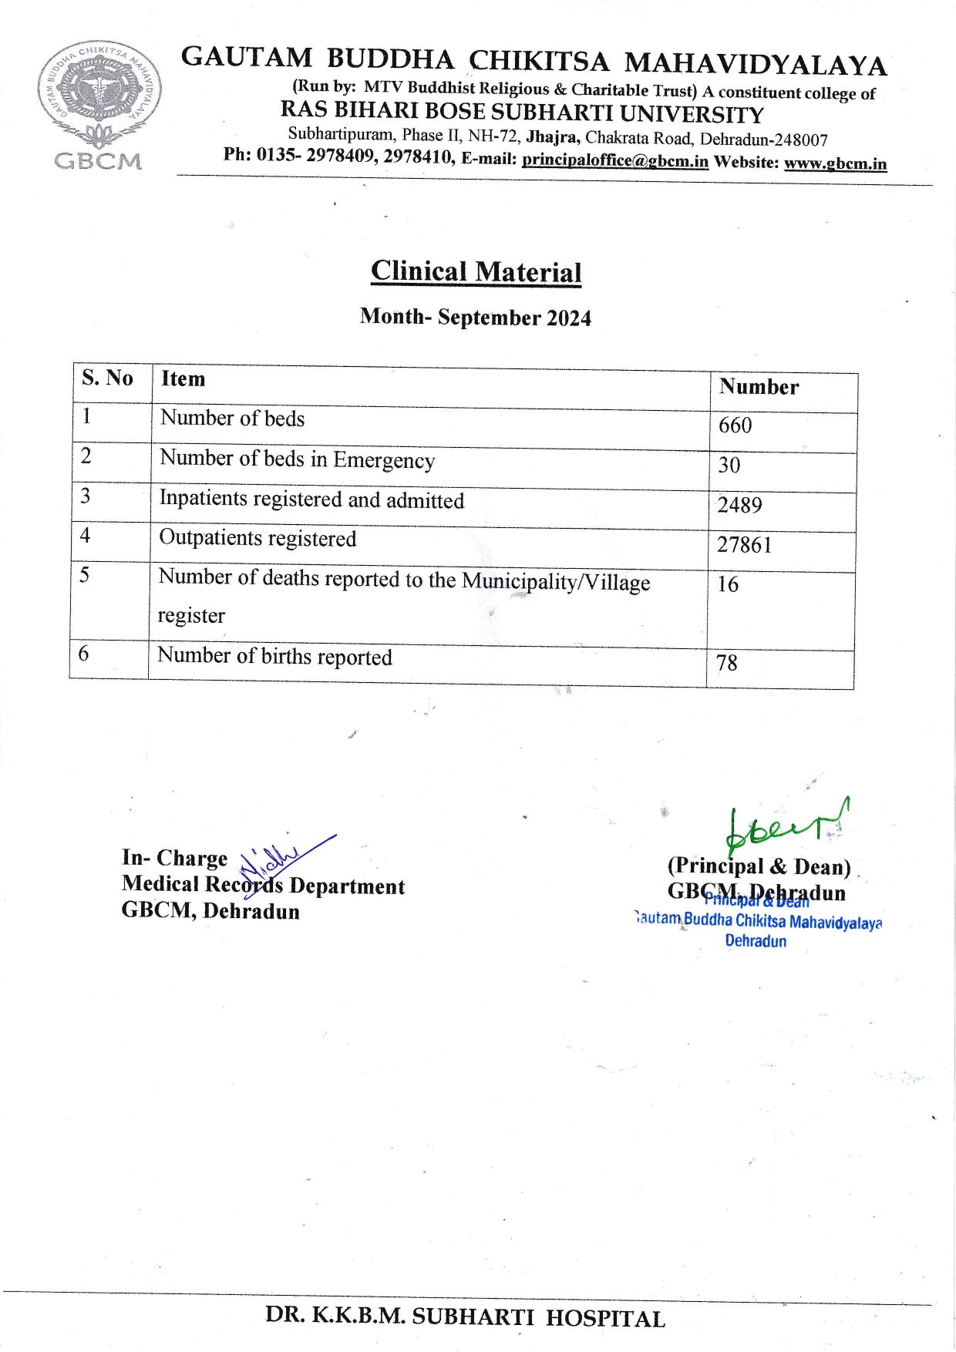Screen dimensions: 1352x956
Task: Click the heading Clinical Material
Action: (x=476, y=271)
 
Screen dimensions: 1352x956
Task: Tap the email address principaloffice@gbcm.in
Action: (x=614, y=160)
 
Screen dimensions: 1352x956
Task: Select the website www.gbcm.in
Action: (x=835, y=163)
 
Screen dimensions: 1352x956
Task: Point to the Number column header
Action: (x=759, y=386)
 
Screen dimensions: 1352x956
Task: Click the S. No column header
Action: (x=107, y=378)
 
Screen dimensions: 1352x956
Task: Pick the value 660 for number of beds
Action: (x=735, y=425)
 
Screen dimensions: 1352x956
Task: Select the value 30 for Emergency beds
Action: (x=729, y=465)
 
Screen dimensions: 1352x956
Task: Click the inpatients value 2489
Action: (x=739, y=505)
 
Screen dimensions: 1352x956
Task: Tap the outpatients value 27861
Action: (x=744, y=545)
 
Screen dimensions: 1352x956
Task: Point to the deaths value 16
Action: (x=728, y=584)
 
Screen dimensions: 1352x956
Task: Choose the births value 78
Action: (x=726, y=663)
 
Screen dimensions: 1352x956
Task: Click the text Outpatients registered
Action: (x=258, y=538)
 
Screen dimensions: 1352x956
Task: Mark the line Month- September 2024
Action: (x=475, y=317)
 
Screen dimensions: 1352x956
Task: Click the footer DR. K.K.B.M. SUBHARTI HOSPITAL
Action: (x=465, y=1317)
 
